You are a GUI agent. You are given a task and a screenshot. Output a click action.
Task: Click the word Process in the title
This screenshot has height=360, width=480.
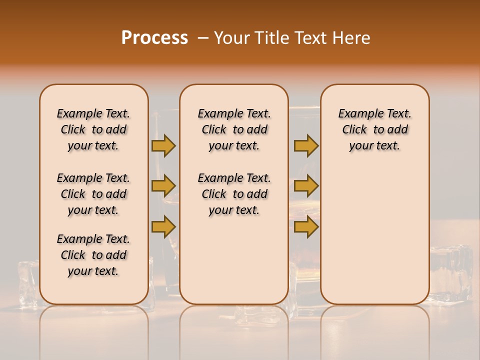(154, 38)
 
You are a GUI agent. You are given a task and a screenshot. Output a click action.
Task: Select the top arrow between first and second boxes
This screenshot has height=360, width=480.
(163, 145)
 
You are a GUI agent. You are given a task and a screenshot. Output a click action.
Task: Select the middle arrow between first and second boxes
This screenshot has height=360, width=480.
(163, 186)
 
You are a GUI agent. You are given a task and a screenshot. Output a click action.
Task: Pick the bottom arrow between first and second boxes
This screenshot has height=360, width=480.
(163, 226)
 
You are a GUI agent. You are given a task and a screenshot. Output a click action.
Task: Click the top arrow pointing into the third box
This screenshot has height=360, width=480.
(306, 145)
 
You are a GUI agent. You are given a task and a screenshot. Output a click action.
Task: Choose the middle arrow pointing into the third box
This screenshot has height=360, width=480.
(306, 186)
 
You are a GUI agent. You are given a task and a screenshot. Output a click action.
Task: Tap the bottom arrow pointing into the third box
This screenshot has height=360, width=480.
(306, 226)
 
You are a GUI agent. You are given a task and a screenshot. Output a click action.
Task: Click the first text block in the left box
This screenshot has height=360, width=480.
(93, 129)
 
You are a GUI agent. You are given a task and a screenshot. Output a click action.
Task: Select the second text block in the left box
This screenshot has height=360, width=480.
(93, 194)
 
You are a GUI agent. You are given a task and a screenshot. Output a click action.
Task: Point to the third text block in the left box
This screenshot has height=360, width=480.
(93, 255)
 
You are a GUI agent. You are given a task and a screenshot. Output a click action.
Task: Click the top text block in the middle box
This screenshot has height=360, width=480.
(234, 129)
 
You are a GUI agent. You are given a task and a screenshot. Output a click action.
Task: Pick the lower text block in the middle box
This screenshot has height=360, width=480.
(234, 194)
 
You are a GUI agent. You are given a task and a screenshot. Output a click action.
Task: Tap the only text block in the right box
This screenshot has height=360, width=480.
(374, 129)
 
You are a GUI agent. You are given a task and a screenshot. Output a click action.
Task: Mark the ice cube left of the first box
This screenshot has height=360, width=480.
(27, 280)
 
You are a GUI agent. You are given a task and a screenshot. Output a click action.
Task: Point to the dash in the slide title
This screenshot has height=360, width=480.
(203, 38)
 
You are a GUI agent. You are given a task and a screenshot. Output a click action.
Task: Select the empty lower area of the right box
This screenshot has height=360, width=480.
(374, 235)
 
